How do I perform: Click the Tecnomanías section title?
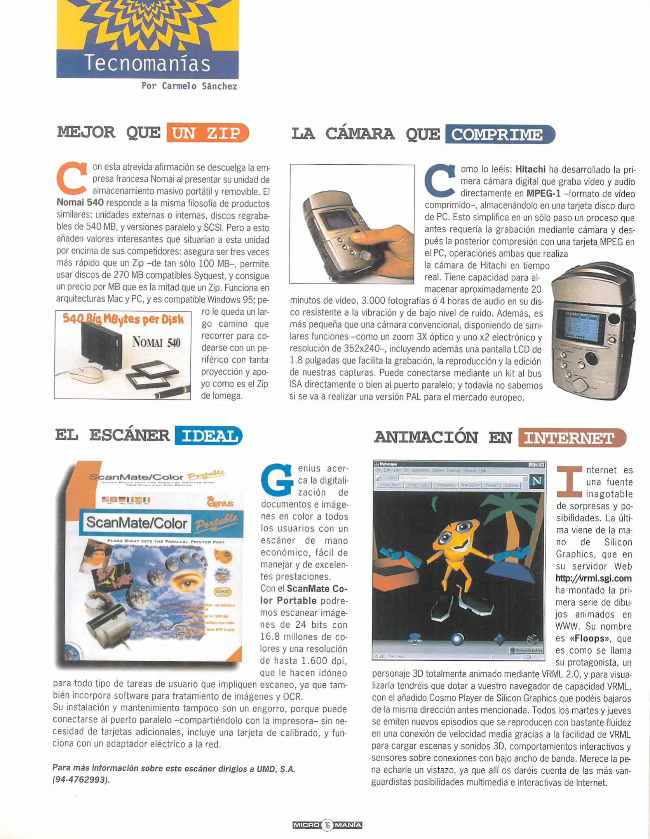pos(147,63)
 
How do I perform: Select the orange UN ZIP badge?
pos(207,133)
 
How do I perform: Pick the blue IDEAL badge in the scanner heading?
pos(209,435)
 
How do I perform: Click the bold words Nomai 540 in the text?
pos(80,203)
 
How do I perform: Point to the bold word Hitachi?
pos(530,170)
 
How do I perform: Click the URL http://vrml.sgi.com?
pos(594,578)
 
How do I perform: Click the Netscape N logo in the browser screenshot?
pos(537,481)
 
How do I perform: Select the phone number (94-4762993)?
pos(81,780)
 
